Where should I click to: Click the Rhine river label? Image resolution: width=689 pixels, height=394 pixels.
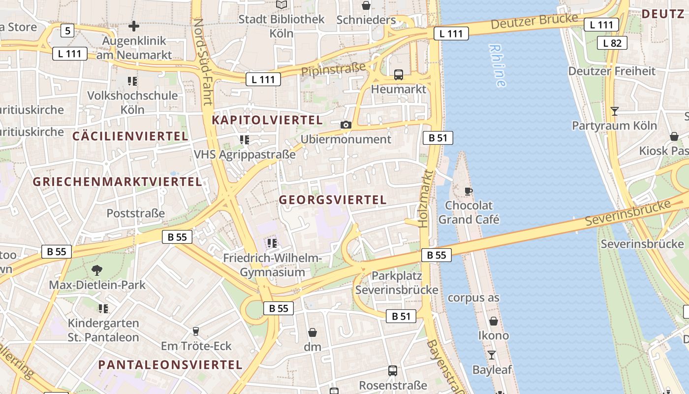click(x=498, y=66)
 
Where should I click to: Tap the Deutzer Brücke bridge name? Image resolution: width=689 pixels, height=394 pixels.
click(x=534, y=21)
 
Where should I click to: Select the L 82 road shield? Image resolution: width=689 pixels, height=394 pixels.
click(x=612, y=43)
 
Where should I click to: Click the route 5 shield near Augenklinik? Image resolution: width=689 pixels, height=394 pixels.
click(x=67, y=31)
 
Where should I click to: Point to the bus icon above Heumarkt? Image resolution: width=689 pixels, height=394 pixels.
click(x=399, y=75)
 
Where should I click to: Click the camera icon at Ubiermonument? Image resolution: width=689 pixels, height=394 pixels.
click(x=346, y=125)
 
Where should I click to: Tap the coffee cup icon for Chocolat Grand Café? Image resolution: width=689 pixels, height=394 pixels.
click(x=469, y=191)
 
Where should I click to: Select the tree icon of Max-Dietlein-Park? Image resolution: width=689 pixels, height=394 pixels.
click(x=97, y=269)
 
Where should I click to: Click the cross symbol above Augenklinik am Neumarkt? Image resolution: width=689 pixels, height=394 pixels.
click(x=133, y=26)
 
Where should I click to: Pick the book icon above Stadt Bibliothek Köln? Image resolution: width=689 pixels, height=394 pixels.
click(x=282, y=5)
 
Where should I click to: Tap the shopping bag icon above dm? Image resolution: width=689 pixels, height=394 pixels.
click(x=312, y=332)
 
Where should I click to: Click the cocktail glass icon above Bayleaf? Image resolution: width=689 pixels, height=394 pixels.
click(x=492, y=355)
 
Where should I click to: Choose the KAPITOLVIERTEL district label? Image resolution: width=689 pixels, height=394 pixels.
click(x=267, y=120)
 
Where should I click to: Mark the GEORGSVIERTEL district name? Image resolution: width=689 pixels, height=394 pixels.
click(x=333, y=199)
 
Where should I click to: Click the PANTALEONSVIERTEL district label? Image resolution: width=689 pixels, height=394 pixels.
click(x=170, y=365)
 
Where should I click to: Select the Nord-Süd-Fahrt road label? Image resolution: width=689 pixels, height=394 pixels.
click(x=203, y=62)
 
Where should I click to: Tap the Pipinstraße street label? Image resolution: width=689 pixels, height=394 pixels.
click(x=333, y=69)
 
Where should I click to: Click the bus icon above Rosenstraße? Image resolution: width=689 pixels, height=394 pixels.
click(x=393, y=370)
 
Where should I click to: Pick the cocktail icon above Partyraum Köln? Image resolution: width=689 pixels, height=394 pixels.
click(x=614, y=111)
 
